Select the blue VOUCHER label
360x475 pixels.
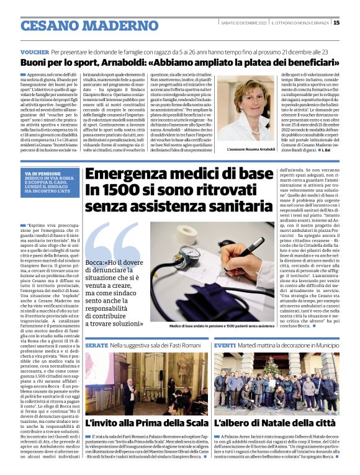click(x=35, y=53)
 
